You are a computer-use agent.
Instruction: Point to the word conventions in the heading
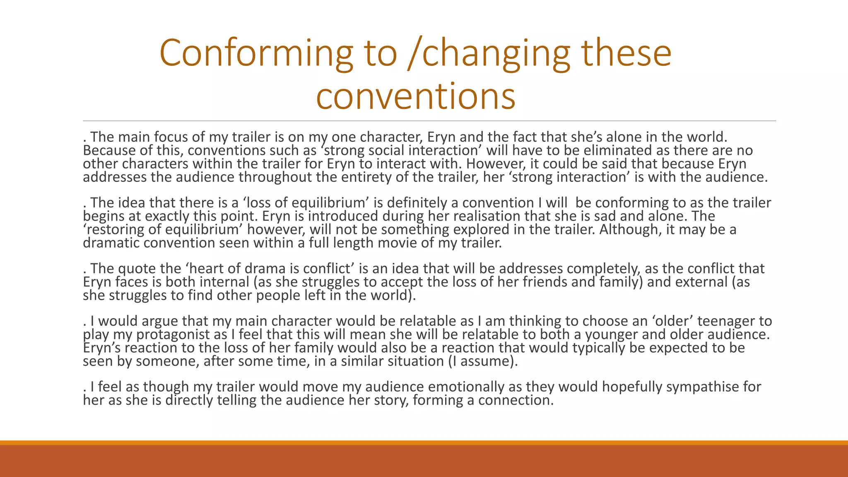(x=416, y=96)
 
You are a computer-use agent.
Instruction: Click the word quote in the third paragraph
(x=137, y=269)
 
